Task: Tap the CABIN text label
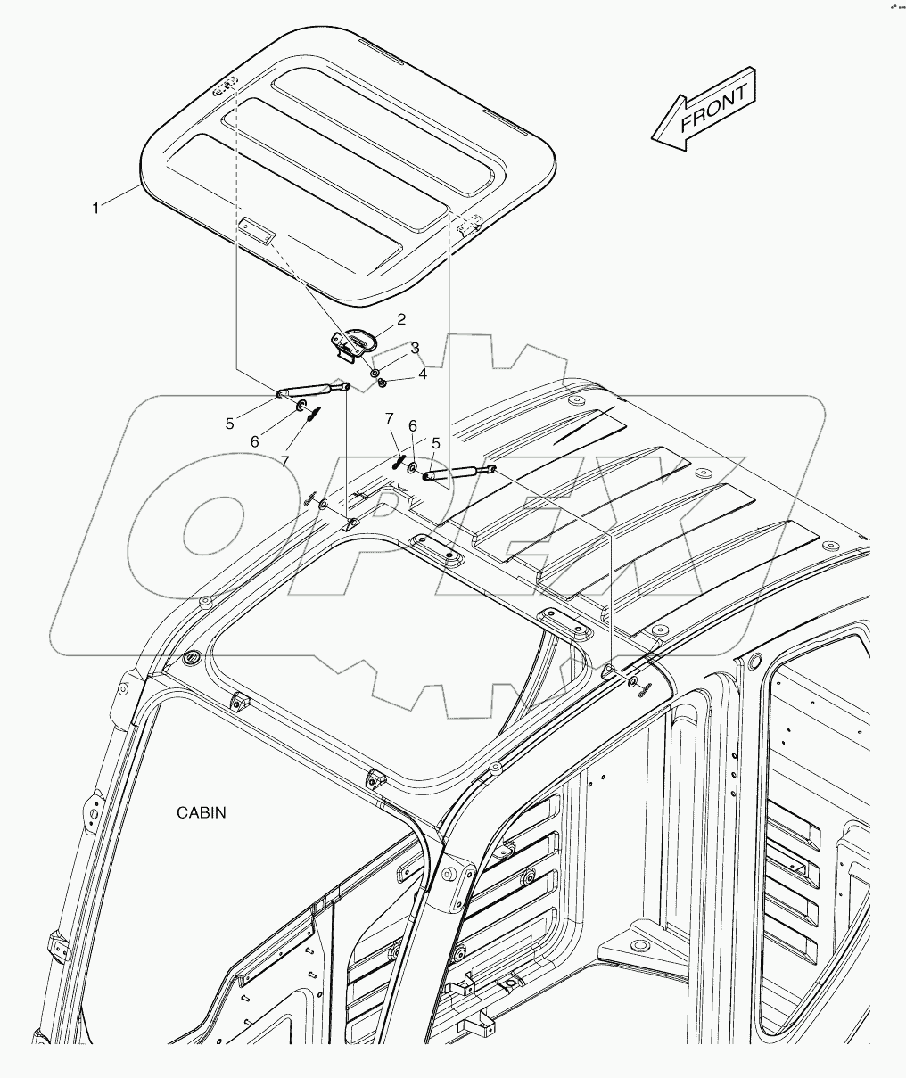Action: (x=201, y=812)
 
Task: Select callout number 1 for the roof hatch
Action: (x=95, y=208)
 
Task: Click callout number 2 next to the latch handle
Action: (x=401, y=319)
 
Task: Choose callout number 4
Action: (x=422, y=374)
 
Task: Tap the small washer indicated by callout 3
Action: (x=375, y=370)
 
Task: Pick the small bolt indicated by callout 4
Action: (x=382, y=382)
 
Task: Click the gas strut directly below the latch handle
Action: (x=311, y=389)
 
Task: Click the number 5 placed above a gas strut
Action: (x=436, y=442)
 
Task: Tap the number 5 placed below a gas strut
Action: (x=229, y=424)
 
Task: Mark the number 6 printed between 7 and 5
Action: (x=413, y=427)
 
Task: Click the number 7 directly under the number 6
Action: (x=285, y=461)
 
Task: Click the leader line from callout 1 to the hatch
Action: (x=121, y=197)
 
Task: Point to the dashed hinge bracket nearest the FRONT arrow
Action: (x=469, y=226)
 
